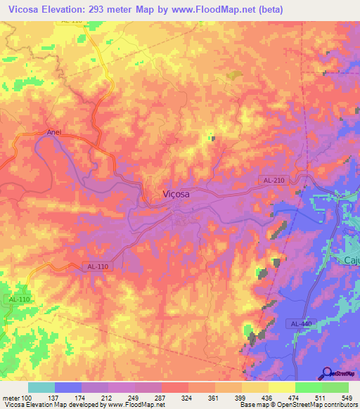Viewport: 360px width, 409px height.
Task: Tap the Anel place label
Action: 55,131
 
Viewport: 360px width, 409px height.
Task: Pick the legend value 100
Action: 27,398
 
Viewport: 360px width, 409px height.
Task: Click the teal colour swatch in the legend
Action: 41,387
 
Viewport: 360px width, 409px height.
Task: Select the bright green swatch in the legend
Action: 308,387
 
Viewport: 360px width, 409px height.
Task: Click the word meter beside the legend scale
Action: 10,398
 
